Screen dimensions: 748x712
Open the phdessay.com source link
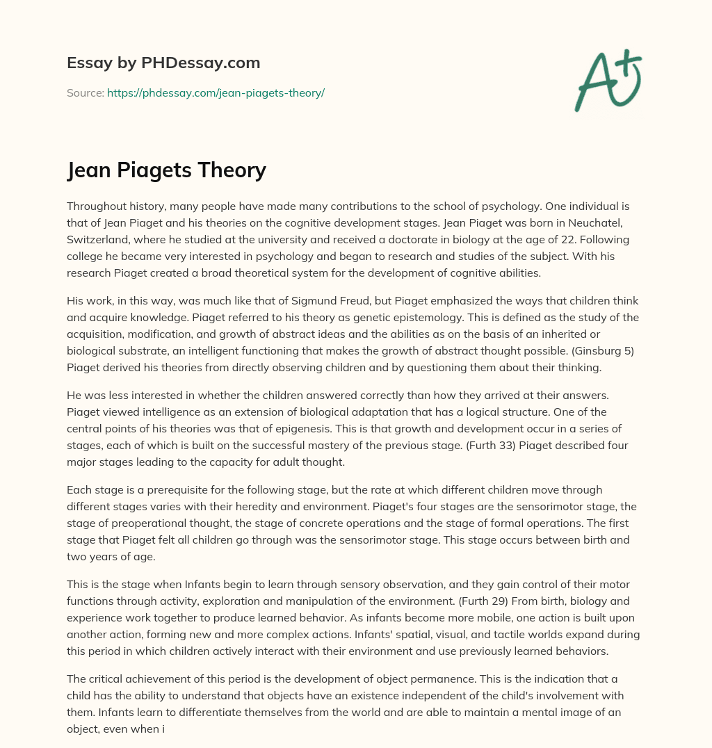[216, 92]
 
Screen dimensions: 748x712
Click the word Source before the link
[85, 92]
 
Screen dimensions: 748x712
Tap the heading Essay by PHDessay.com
[163, 63]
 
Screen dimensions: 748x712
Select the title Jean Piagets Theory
[167, 170]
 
